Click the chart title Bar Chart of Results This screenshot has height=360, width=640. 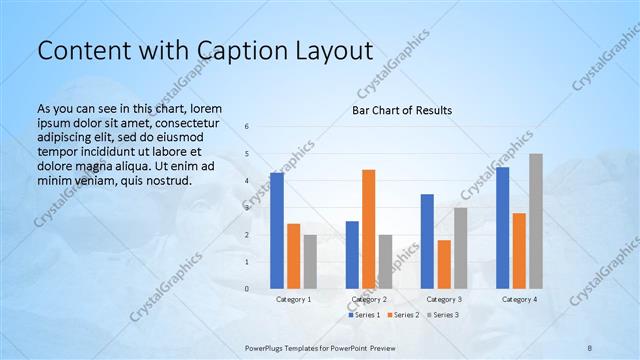[x=402, y=110]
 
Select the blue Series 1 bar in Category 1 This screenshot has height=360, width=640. [x=277, y=231]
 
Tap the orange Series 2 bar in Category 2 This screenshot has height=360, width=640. [x=368, y=229]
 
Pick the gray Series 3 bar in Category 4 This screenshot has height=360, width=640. [x=536, y=221]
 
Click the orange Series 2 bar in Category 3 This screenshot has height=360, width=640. [x=444, y=264]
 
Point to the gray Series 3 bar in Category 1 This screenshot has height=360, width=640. [x=310, y=262]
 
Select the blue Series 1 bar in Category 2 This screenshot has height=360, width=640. [x=352, y=255]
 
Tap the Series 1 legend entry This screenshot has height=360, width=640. [x=364, y=315]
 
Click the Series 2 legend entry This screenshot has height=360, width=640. [x=402, y=315]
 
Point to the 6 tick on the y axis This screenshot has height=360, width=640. [x=247, y=126]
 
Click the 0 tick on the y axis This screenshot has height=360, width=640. [x=247, y=289]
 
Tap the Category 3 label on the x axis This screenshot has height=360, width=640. [x=443, y=299]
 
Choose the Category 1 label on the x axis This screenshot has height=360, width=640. [x=293, y=299]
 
